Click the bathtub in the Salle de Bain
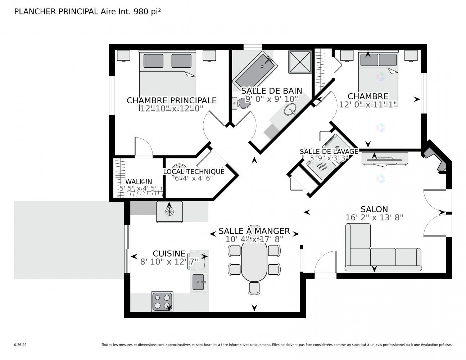pyautogui.click(x=255, y=72)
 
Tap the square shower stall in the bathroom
pyautogui.click(x=299, y=62)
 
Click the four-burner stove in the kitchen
pyautogui.click(x=162, y=301)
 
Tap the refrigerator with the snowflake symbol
pyautogui.click(x=169, y=212)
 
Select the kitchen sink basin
pyautogui.click(x=199, y=282)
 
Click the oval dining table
pyautogui.click(x=254, y=262)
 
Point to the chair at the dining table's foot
pyautogui.click(x=254, y=288)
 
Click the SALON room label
pyautogui.click(x=374, y=209)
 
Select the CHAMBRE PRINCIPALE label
pyautogui.click(x=172, y=100)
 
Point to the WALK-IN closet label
pyautogui.click(x=139, y=182)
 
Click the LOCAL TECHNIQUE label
pyautogui.click(x=194, y=172)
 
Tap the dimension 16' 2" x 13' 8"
pyautogui.click(x=374, y=218)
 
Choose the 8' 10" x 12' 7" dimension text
pyautogui.click(x=169, y=262)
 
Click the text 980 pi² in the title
pyautogui.click(x=147, y=12)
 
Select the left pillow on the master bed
pyautogui.click(x=153, y=61)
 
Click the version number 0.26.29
pyautogui.click(x=21, y=345)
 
